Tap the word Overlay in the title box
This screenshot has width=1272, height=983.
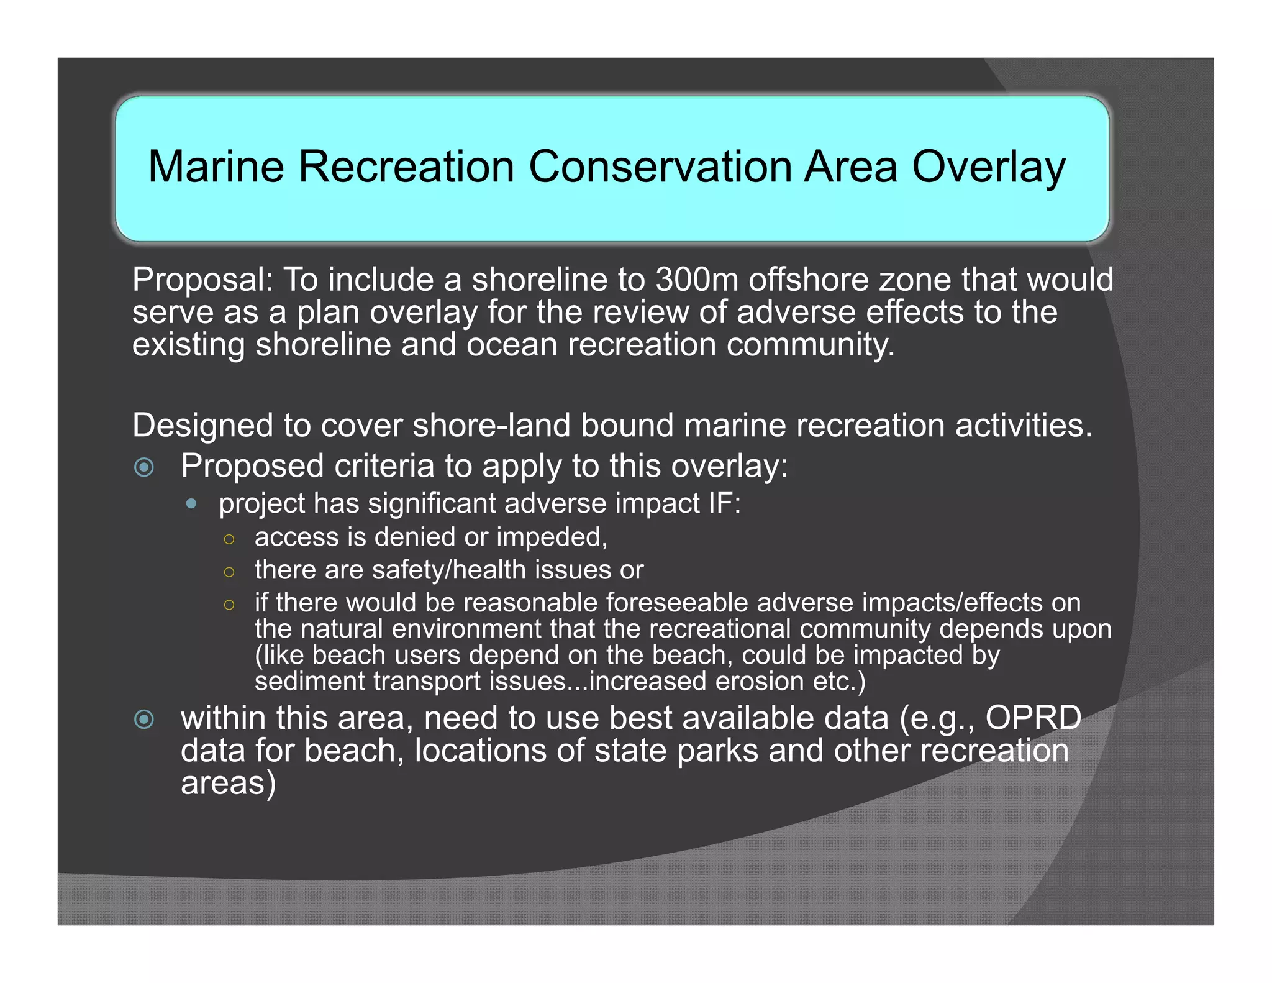[988, 168]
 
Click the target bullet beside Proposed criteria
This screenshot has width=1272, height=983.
[144, 467]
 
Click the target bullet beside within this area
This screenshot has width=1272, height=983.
[144, 720]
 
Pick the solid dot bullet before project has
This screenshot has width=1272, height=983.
[191, 503]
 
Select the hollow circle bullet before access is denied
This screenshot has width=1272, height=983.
[229, 539]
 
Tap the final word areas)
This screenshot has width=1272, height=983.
[228, 784]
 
